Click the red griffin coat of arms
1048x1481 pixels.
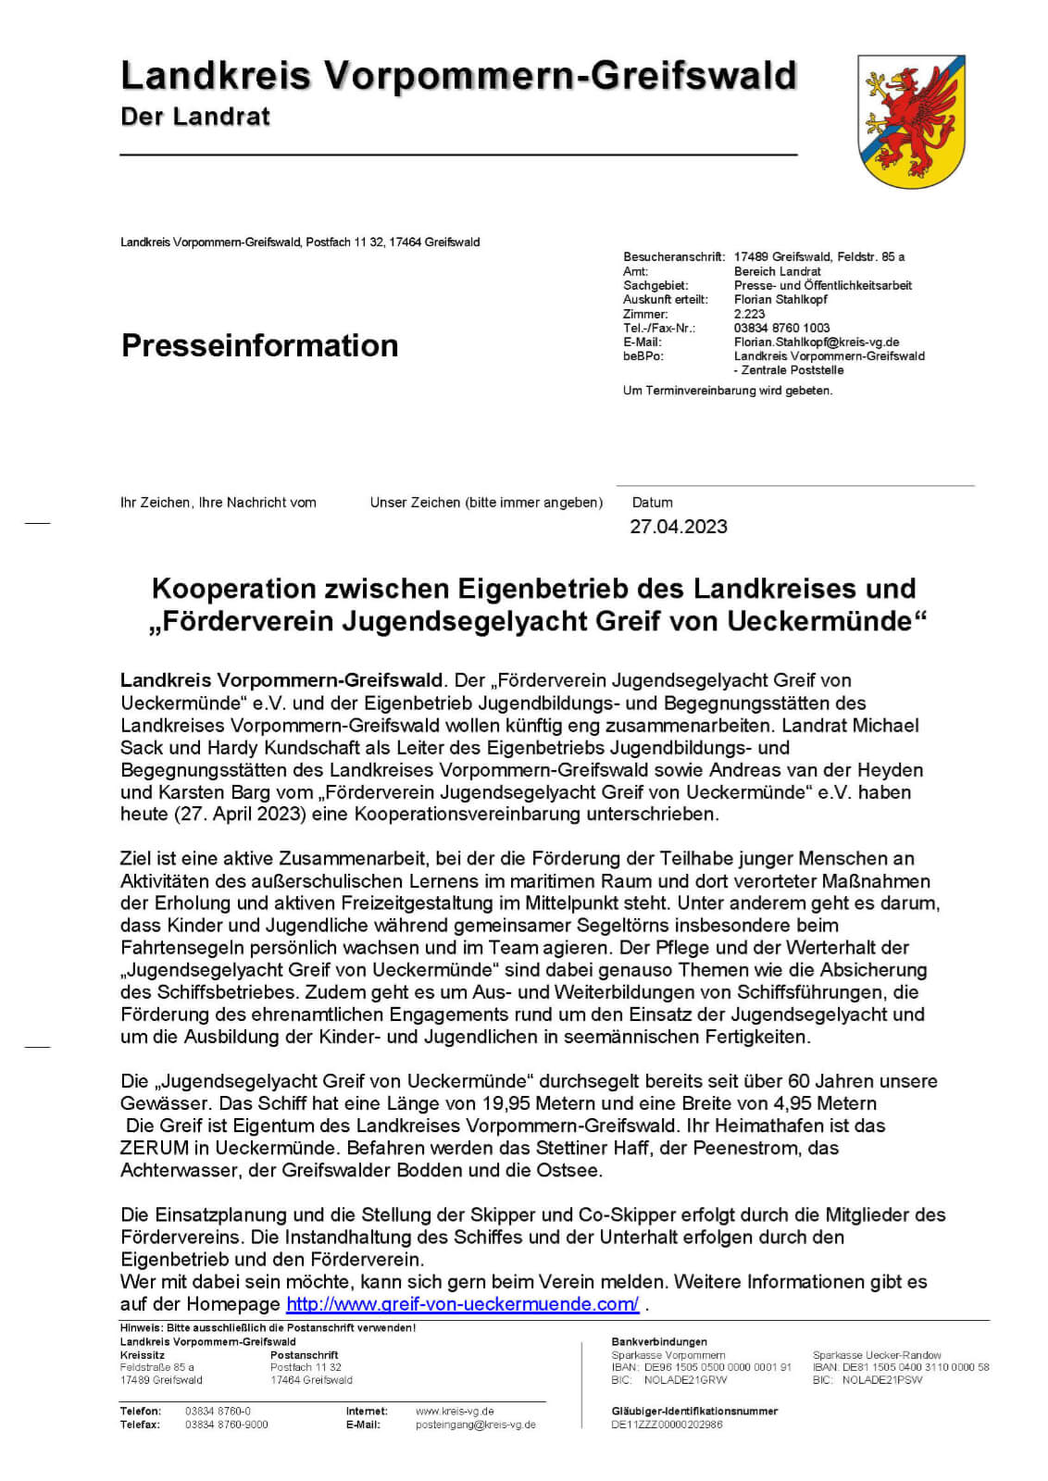pos(911,120)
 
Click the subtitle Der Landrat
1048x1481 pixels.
pos(195,117)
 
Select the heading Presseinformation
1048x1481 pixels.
pos(259,345)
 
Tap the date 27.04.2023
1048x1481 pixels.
pos(679,527)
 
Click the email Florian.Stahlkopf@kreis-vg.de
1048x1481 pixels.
pos(817,342)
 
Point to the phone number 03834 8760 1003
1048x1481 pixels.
pos(781,328)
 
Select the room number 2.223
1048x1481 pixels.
pos(749,314)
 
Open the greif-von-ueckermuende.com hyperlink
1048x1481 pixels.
pos(462,1303)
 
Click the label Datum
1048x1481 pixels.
pos(652,503)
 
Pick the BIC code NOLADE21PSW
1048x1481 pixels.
pos(882,1380)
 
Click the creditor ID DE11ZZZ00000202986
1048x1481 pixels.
pos(667,1425)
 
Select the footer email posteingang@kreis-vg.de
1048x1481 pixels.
pos(475,1425)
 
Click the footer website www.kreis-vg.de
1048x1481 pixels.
pos(455,1412)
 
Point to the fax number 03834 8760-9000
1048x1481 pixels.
pos(227,1425)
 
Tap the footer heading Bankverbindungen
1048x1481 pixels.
pos(659,1341)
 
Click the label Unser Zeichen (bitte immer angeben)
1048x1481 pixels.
pos(486,503)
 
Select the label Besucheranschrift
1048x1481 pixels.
pos(674,256)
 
